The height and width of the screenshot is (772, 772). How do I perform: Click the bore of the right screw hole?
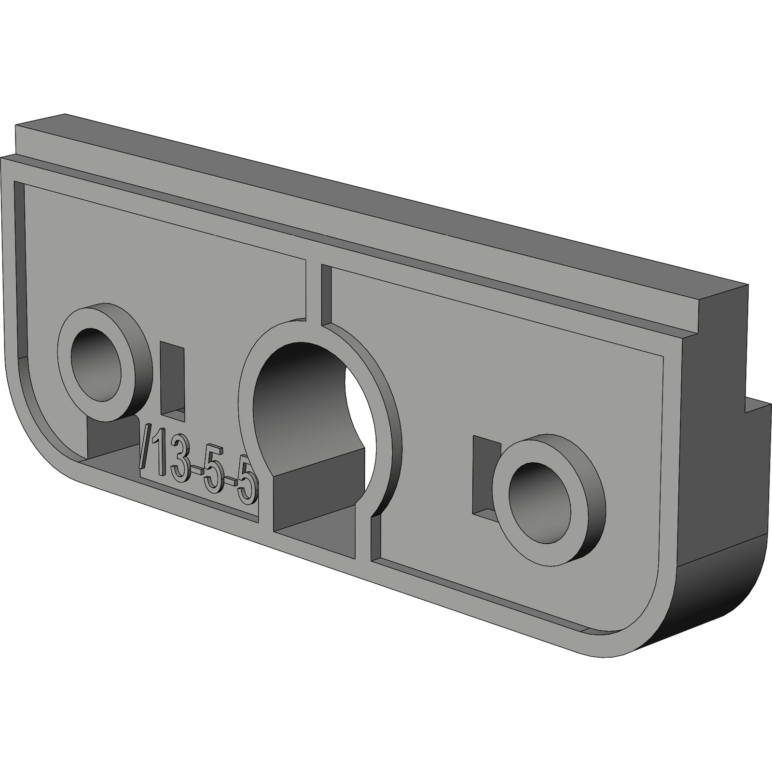(x=539, y=498)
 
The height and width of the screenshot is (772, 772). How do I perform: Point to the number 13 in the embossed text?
(x=171, y=458)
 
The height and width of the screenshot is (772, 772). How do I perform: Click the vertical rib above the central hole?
(x=313, y=289)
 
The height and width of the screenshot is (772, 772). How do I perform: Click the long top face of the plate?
(x=386, y=212)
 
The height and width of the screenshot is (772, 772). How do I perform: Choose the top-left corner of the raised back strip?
(x=19, y=126)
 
